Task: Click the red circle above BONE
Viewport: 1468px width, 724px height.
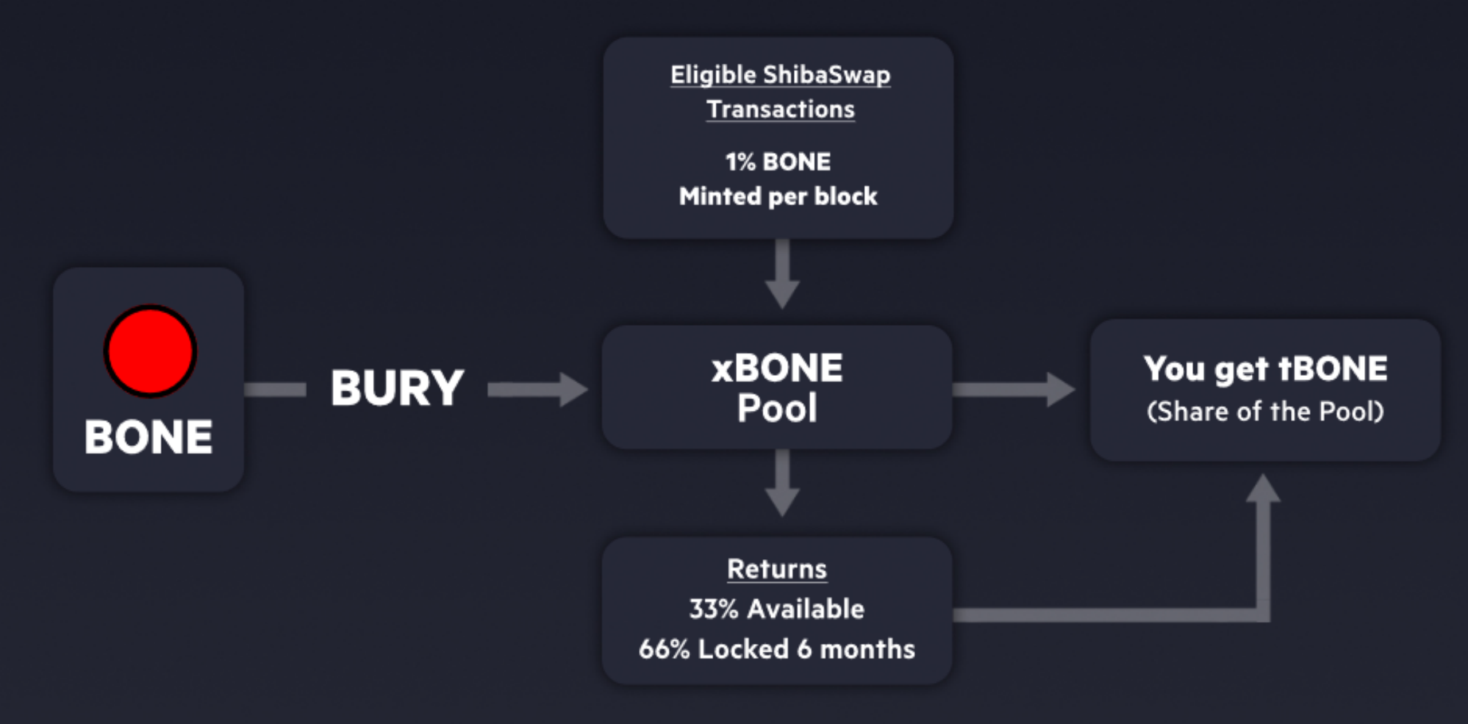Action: coord(150,351)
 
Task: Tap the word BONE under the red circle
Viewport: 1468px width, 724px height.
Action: coord(149,437)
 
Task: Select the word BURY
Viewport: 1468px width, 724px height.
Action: coord(397,388)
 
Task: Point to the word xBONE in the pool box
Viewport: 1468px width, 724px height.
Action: coord(777,368)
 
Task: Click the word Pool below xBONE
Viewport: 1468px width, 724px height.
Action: coord(777,408)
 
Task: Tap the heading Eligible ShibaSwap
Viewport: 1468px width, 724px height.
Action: coord(780,75)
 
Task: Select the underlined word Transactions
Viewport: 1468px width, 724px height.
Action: coord(780,109)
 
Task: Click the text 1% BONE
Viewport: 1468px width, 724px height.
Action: coord(778,162)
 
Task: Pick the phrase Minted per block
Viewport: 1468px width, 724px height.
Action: coord(778,196)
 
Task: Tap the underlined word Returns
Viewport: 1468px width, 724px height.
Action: coord(777,569)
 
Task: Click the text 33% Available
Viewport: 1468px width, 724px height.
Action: coord(777,609)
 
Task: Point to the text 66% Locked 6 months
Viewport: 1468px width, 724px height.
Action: coord(777,649)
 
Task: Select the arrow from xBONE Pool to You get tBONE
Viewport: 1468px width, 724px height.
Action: coord(1013,390)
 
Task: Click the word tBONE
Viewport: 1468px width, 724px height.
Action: coord(1333,368)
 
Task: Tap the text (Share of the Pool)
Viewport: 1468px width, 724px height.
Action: coord(1265,411)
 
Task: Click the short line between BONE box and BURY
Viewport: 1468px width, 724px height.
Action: coord(275,390)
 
